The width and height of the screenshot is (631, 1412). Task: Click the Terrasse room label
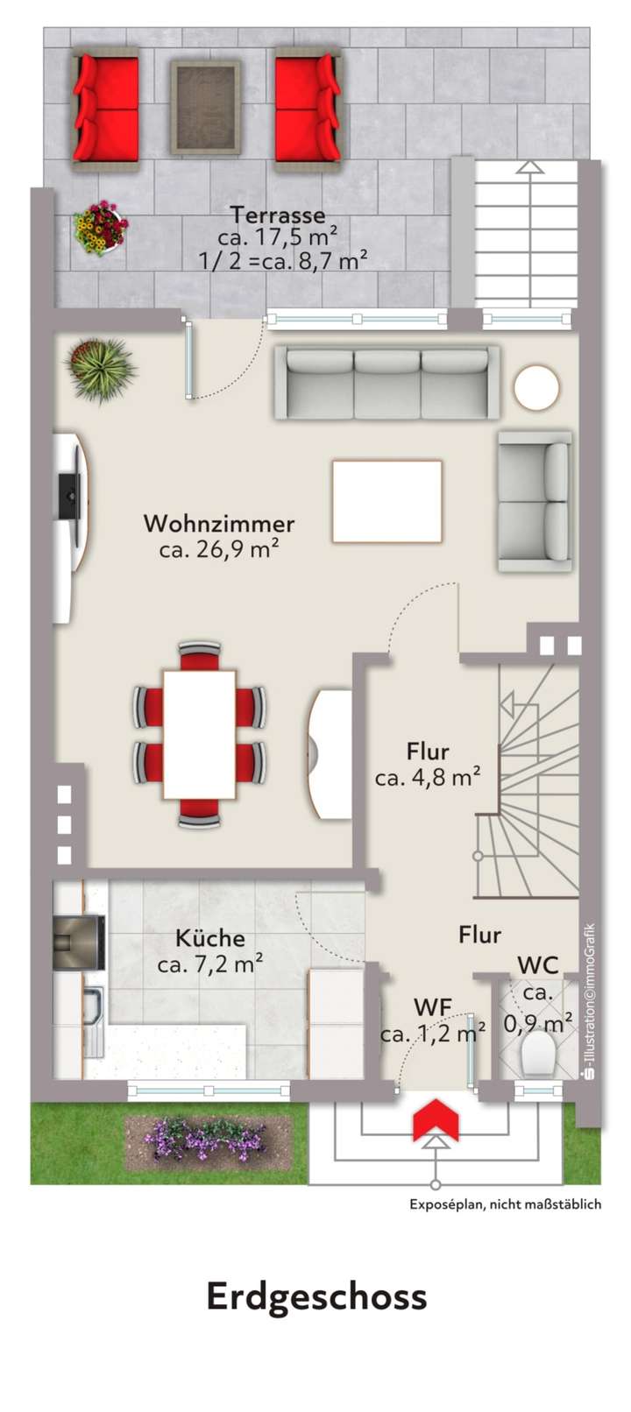tap(277, 215)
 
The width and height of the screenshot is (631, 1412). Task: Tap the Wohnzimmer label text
tap(219, 524)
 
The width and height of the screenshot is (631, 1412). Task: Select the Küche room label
tap(210, 938)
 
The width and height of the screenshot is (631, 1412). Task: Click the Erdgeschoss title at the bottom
tap(316, 1296)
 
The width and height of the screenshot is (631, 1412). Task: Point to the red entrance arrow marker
tap(436, 1122)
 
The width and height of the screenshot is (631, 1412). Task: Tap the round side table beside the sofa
tap(536, 386)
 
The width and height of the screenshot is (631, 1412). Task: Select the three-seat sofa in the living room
tap(386, 382)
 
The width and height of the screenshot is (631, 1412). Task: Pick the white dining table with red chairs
tap(200, 734)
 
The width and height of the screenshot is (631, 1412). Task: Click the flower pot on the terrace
tap(100, 228)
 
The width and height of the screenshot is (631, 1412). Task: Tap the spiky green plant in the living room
tap(102, 369)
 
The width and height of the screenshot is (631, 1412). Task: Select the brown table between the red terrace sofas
tap(205, 108)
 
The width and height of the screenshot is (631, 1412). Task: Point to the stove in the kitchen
tap(79, 943)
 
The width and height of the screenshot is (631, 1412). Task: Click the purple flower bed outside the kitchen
tap(208, 1140)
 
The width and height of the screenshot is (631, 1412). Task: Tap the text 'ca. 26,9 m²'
tap(219, 550)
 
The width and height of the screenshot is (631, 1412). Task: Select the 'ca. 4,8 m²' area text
tap(428, 777)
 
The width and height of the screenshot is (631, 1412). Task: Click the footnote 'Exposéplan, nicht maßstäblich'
tap(505, 1204)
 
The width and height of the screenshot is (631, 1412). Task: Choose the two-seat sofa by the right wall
tap(535, 501)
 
